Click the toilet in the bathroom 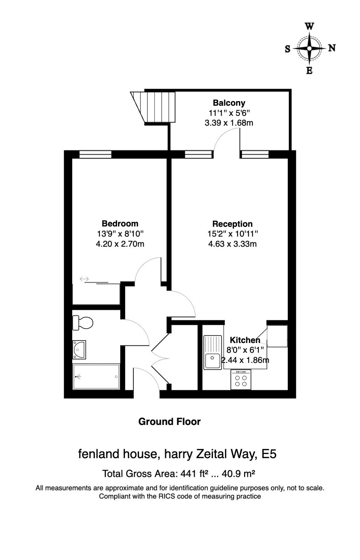[83, 323]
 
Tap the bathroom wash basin [79, 350]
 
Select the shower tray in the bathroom [96, 377]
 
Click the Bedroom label [120, 224]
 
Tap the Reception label [232, 224]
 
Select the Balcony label [229, 103]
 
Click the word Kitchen [245, 340]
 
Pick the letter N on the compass [332, 48]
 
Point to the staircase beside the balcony [154, 107]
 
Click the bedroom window [95, 154]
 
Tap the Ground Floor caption [169, 422]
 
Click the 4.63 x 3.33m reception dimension [232, 244]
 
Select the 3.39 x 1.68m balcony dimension [229, 123]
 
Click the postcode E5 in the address [269, 454]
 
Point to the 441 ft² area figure [192, 474]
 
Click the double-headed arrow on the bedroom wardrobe [84, 279]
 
